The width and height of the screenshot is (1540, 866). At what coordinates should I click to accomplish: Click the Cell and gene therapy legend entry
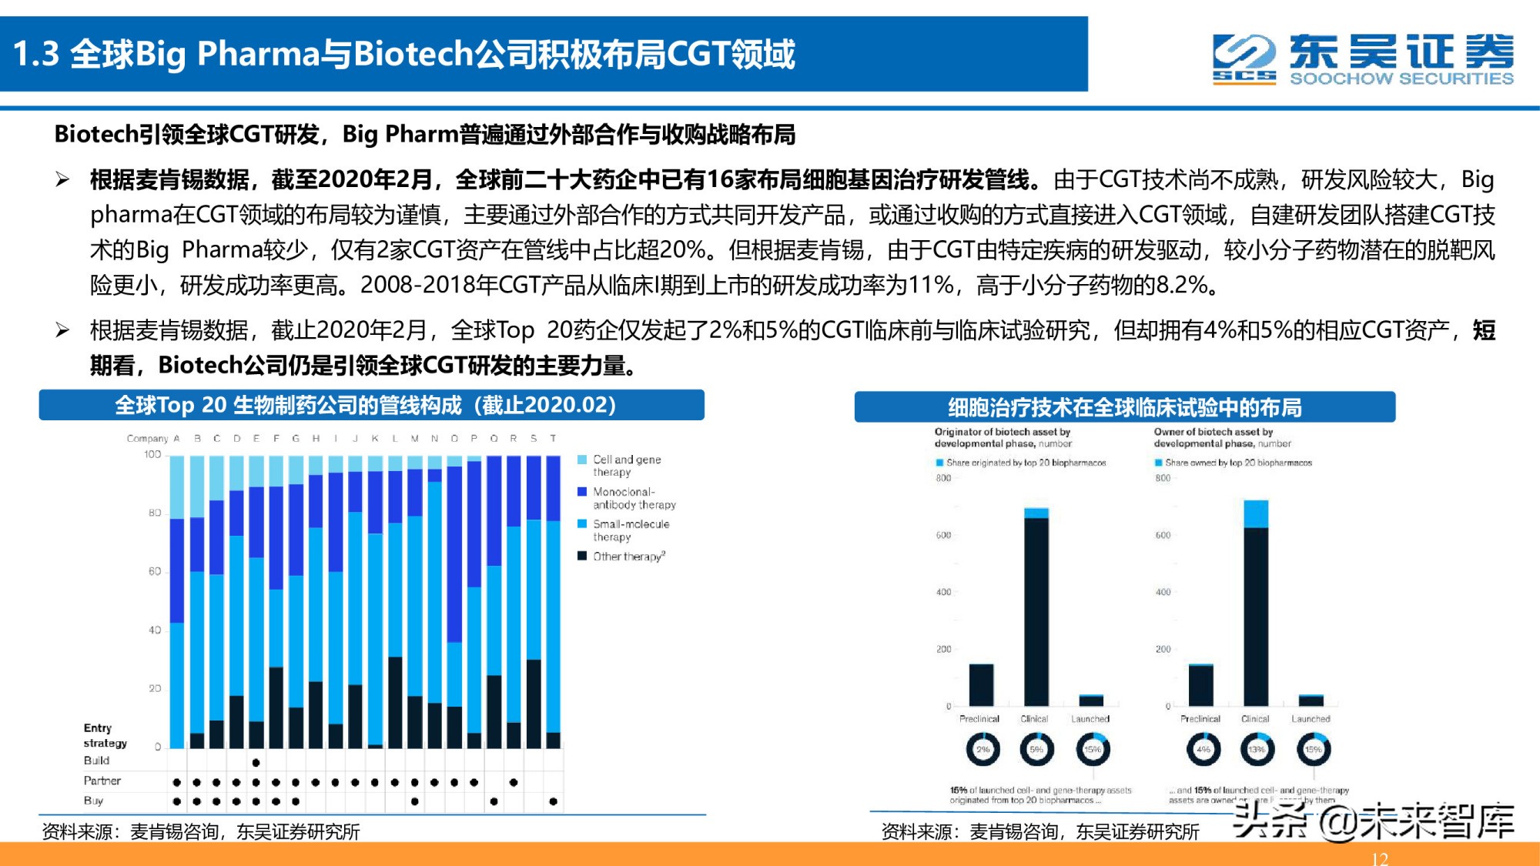tap(625, 465)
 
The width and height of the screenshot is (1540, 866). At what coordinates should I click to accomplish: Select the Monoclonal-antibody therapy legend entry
tap(633, 497)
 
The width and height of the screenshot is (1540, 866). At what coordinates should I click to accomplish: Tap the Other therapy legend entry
tap(628, 556)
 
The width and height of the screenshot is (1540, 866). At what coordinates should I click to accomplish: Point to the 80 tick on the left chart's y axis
tap(154, 513)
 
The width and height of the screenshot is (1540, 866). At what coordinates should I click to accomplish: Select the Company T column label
tap(553, 438)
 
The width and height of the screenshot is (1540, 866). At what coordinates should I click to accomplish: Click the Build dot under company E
tap(256, 762)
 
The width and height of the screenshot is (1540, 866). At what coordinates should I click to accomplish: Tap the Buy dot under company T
tap(553, 801)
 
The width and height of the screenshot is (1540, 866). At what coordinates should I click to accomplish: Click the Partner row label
tap(102, 781)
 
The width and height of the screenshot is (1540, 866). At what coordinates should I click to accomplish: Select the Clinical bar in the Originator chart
tap(1036, 608)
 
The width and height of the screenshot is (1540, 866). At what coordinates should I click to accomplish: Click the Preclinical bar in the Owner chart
tap(1200, 685)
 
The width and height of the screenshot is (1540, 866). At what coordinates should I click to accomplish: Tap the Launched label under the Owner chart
tap(1311, 719)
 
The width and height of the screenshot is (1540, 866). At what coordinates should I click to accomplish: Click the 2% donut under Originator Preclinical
tap(983, 749)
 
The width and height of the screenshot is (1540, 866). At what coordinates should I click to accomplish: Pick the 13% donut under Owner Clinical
tap(1257, 749)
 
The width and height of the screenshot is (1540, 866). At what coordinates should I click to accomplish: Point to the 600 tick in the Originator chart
tap(943, 535)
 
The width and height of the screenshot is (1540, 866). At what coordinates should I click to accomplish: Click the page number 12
tap(1379, 858)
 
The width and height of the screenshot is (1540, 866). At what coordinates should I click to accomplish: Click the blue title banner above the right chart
tap(1124, 406)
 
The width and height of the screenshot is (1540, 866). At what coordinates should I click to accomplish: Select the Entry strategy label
tap(105, 735)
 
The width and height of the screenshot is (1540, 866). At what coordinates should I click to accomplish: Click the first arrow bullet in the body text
tap(62, 180)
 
